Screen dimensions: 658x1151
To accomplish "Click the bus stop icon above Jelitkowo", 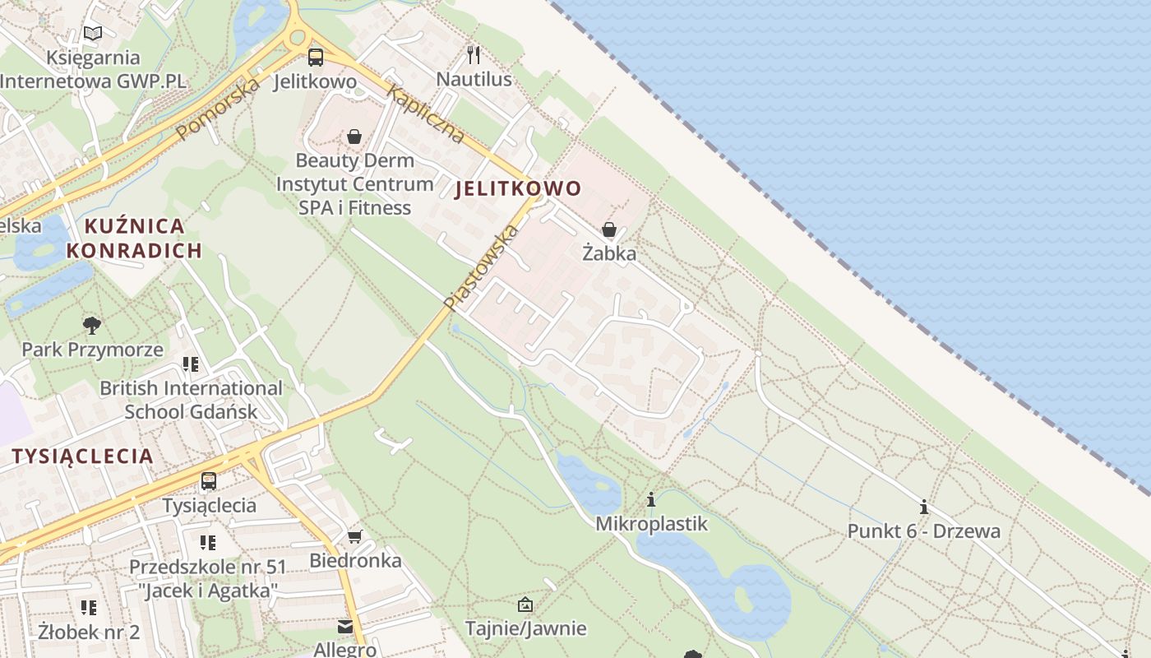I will coord(316,57).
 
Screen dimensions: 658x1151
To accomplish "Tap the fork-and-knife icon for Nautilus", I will coord(474,55).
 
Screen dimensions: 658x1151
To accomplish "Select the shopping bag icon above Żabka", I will coord(609,229).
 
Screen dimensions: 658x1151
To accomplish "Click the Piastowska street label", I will coord(483,267).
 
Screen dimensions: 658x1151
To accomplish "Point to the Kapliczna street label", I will coord(425,114).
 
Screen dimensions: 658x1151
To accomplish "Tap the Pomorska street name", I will coord(218,108).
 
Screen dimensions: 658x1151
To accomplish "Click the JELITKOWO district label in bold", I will coord(518,188).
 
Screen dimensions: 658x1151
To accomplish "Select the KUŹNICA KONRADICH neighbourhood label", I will coord(134,238).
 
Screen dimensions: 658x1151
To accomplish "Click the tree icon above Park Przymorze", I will coord(92,325).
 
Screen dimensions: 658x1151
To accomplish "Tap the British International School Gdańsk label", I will coord(191,399).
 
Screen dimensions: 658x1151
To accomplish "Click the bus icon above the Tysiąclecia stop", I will coord(209,481).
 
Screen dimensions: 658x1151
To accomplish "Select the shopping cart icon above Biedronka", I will coord(354,537).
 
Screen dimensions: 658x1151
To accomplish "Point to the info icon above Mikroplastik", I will coord(651,499).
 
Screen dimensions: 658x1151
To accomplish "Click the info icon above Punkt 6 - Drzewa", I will coord(924,507).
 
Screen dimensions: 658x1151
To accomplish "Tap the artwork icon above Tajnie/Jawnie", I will coord(525,605).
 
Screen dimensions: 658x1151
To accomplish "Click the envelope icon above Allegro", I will coord(344,628).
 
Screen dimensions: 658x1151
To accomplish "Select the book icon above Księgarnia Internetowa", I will coord(93,34).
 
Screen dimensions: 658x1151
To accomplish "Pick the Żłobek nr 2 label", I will coord(89,632).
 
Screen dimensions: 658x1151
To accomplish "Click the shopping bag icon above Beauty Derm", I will coord(354,136).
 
